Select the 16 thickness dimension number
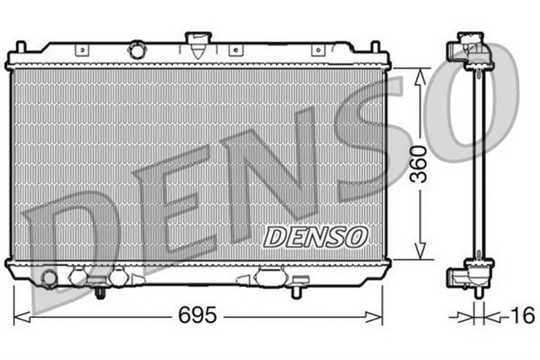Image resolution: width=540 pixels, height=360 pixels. pos(523,316)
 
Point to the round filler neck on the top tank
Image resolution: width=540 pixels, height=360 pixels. pos(136,51)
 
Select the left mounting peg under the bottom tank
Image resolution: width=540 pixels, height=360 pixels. pos(100,292)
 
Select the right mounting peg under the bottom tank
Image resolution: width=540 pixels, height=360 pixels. pos(295,292)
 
